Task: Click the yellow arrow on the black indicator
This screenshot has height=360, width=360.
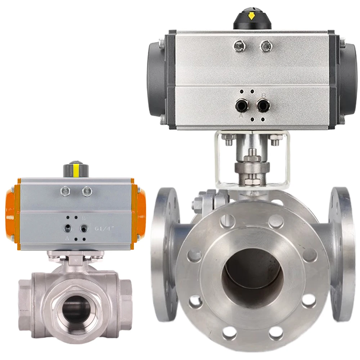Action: click(252, 16)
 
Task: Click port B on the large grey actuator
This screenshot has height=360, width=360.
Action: click(263, 105)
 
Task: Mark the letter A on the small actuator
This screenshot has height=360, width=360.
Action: click(67, 238)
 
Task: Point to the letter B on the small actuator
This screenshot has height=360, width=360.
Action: click(84, 218)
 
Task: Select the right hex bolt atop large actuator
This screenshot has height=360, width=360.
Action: click(266, 46)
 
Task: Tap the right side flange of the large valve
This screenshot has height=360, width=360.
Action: click(340, 254)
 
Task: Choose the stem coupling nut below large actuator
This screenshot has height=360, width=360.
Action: click(252, 167)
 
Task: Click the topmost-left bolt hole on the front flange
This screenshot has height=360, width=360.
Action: click(228, 221)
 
